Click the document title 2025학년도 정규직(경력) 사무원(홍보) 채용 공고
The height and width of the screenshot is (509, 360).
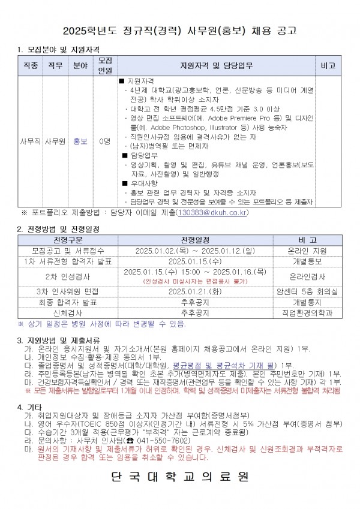[180, 30]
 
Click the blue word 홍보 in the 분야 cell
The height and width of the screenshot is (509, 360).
[80, 142]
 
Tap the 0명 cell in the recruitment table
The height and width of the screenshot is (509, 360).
[104, 142]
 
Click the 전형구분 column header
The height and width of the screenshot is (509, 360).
[62, 240]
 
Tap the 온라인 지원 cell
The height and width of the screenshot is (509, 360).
[307, 251]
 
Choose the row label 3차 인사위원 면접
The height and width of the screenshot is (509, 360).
[62, 291]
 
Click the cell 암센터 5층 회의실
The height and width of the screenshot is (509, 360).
[307, 291]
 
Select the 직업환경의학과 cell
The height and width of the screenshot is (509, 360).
[307, 312]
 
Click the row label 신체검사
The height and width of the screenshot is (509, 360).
[62, 312]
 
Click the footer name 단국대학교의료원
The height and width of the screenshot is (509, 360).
[180, 478]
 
